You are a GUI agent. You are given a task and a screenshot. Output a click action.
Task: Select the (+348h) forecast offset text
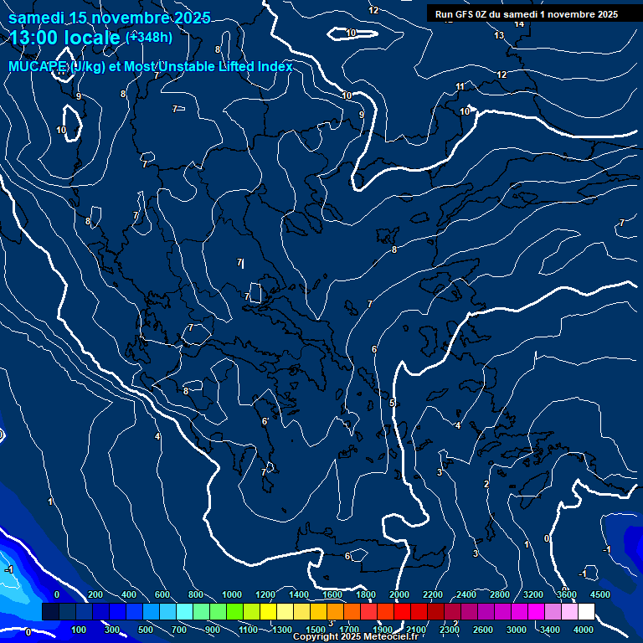(149, 38)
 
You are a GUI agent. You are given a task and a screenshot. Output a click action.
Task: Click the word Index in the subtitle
(274, 67)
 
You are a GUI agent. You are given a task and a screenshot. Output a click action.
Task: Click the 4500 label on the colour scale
(600, 594)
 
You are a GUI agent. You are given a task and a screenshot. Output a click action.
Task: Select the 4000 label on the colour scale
(584, 630)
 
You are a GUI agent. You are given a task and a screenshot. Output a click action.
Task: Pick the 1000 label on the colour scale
(232, 594)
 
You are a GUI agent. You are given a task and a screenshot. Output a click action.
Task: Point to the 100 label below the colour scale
(80, 630)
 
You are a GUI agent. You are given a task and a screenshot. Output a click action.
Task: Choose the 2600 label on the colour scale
(483, 630)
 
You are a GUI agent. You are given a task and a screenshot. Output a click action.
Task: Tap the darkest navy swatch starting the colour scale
(50, 612)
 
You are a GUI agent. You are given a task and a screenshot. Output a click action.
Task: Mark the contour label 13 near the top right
(500, 35)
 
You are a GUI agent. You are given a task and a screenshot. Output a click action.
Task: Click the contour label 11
(460, 86)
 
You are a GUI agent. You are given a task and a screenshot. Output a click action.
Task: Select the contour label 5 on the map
(392, 404)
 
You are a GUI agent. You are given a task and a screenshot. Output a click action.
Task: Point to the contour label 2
(486, 484)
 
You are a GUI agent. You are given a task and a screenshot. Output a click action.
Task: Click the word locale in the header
(92, 39)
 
